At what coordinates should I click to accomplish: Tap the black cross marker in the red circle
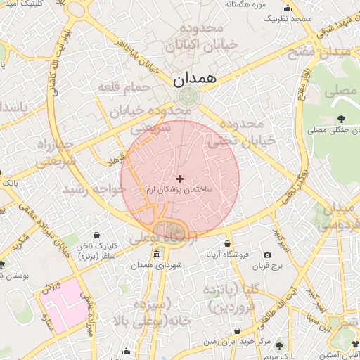[x=180, y=179]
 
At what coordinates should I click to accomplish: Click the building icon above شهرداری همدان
[x=156, y=254]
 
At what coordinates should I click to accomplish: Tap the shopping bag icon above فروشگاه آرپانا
[x=227, y=245]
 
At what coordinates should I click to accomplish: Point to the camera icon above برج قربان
[x=267, y=255]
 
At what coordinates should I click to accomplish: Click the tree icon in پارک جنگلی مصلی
[x=341, y=119]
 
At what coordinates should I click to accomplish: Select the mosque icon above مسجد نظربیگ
[x=286, y=9]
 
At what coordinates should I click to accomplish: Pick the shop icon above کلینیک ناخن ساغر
[x=96, y=235]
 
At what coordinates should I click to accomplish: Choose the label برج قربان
[x=267, y=266]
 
